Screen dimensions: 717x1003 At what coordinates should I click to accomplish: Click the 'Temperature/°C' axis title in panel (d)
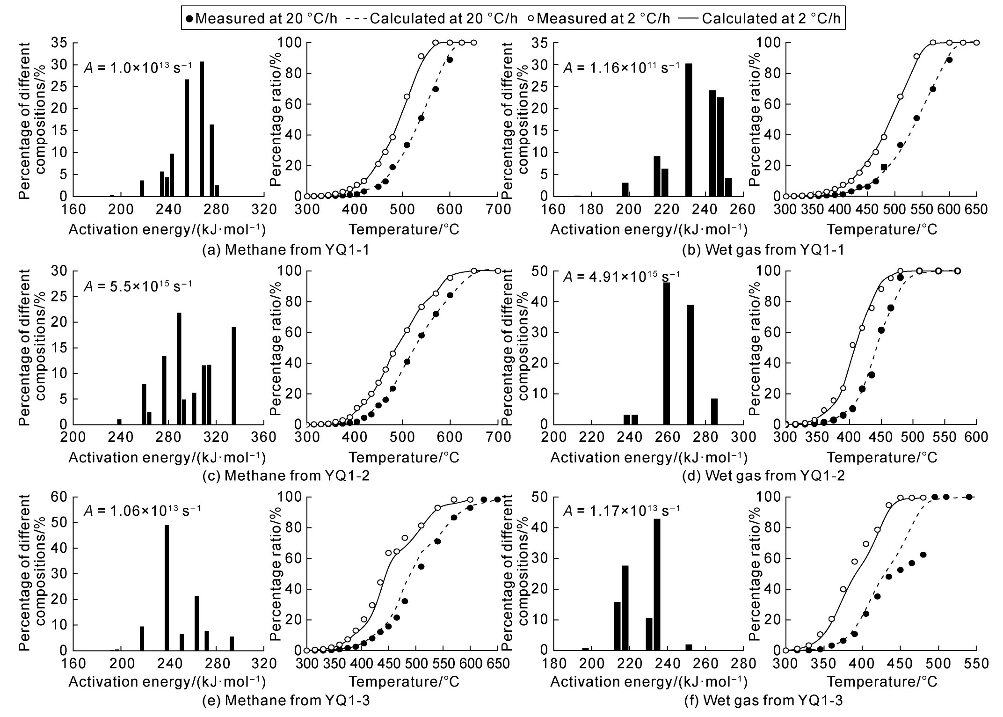pos(882,457)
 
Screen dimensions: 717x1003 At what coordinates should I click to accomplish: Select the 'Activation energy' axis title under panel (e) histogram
pos(167,681)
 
